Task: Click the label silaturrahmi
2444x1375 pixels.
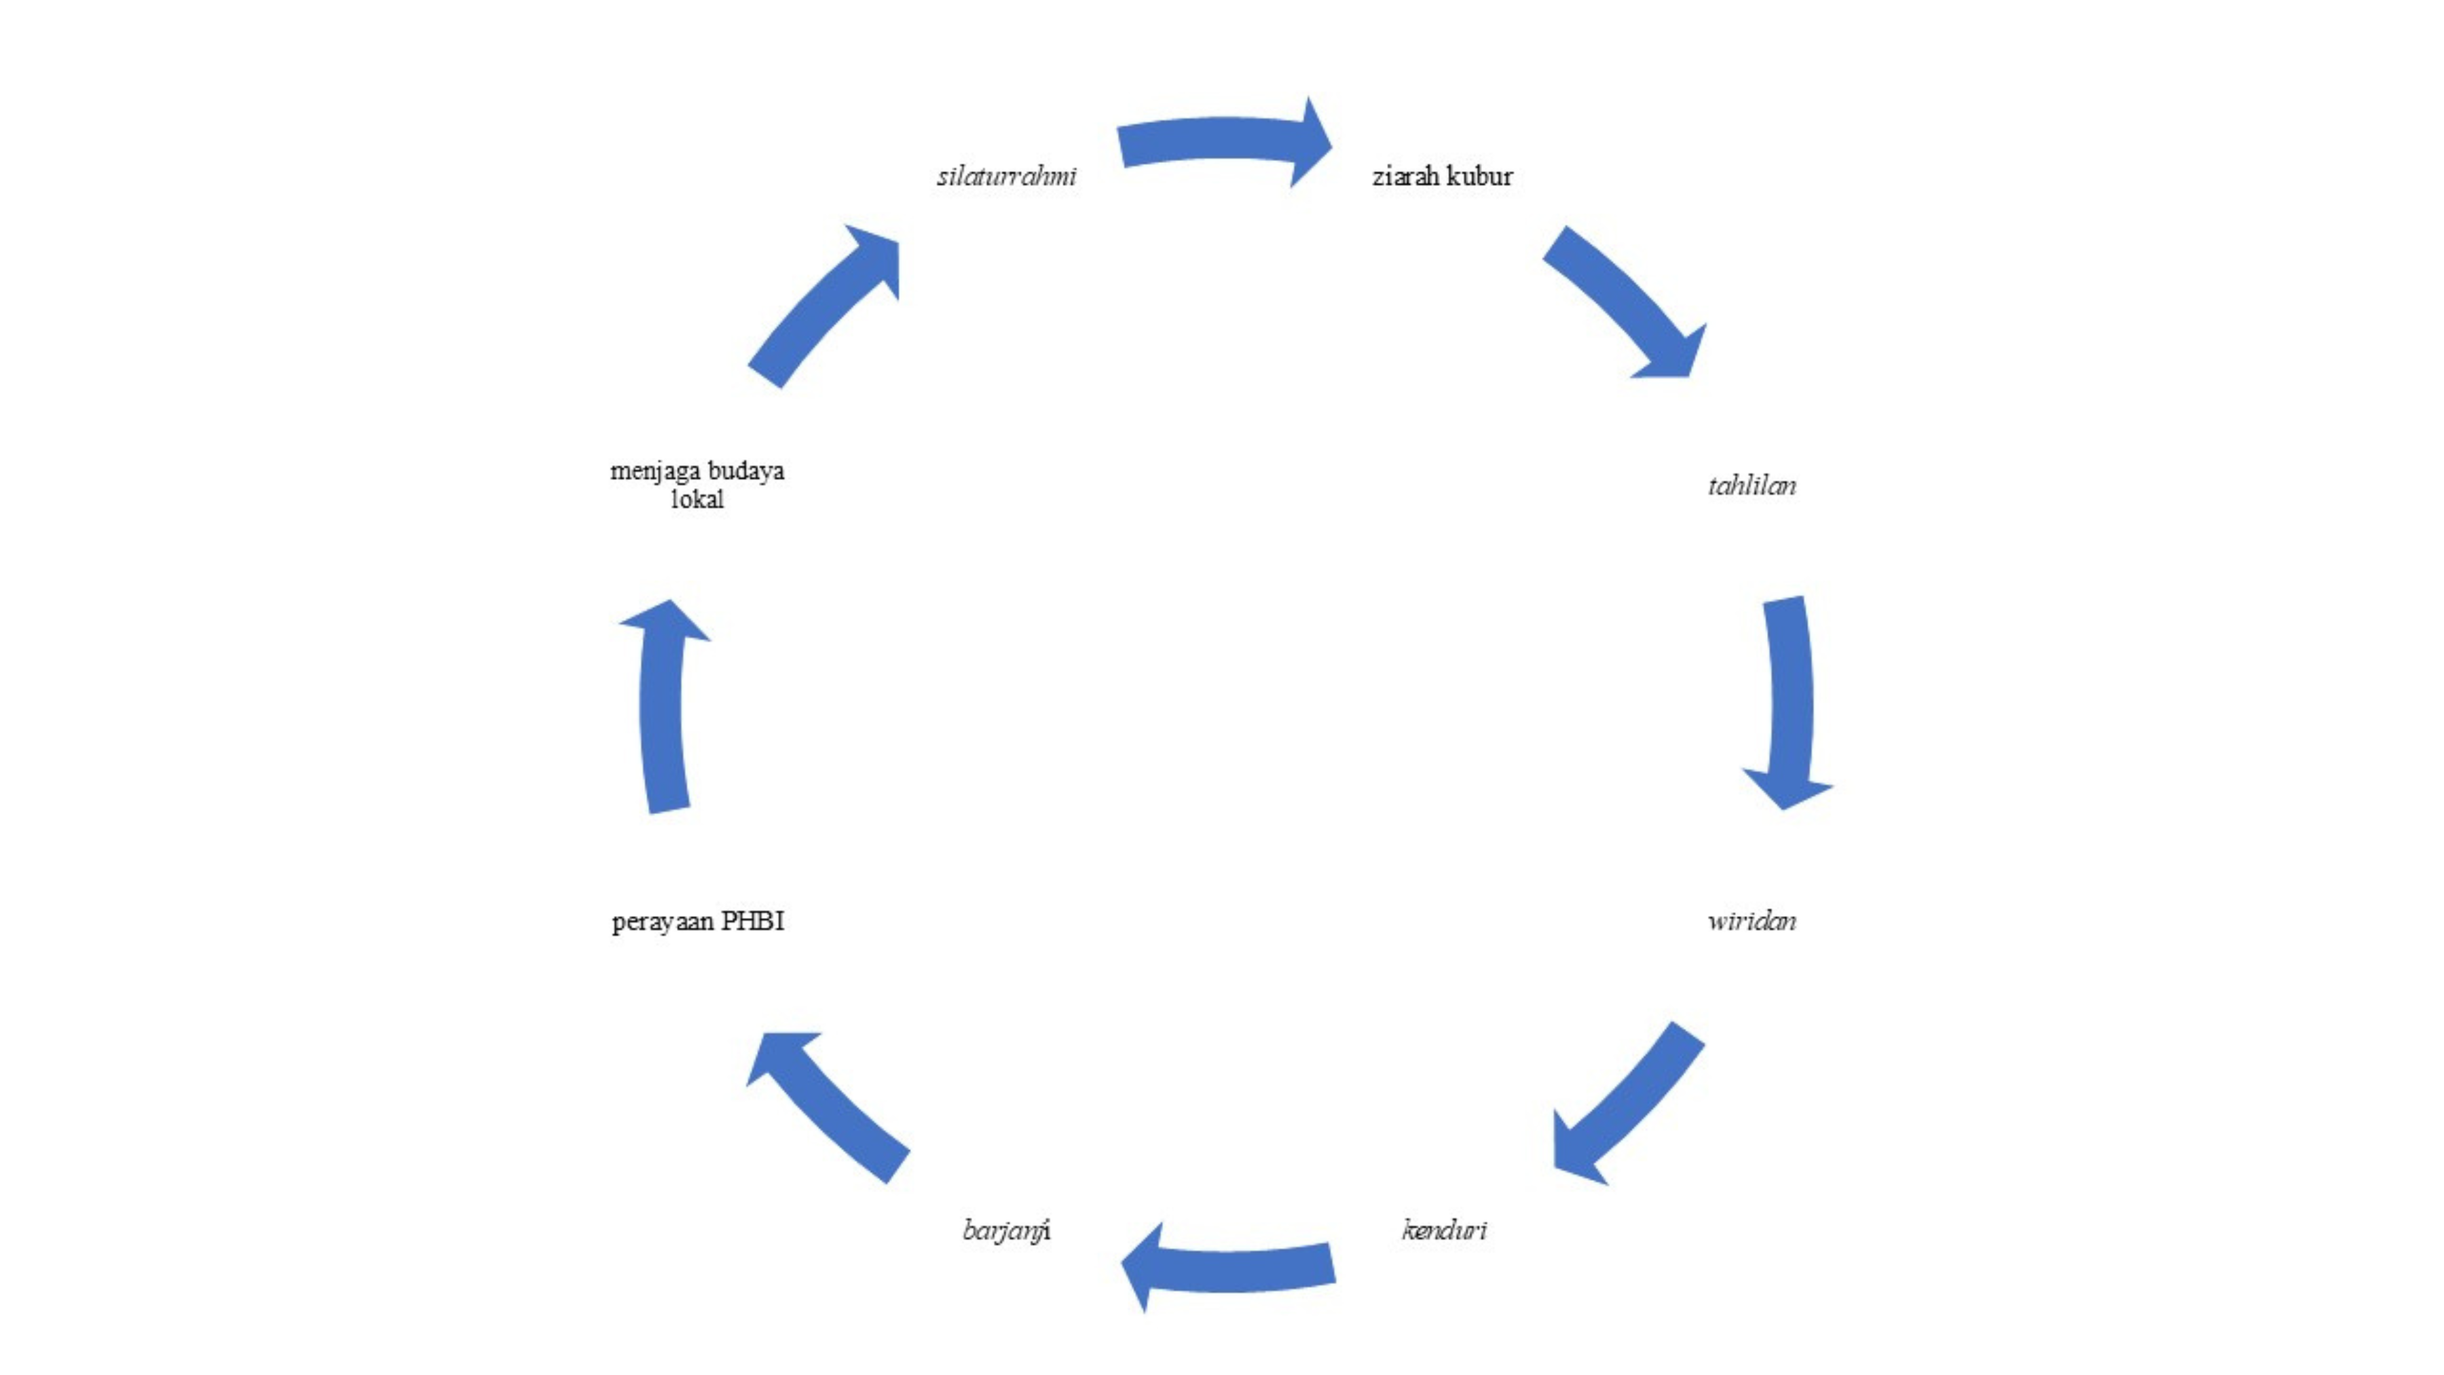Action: [x=1007, y=177]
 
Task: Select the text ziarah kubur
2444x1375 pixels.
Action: [x=1442, y=177]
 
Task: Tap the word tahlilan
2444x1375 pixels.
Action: [x=1752, y=486]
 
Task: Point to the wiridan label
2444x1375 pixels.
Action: [x=1752, y=921]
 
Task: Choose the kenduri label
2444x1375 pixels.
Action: [x=1444, y=1231]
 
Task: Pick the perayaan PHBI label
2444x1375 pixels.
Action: [x=699, y=921]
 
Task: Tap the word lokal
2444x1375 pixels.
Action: [x=697, y=500]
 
